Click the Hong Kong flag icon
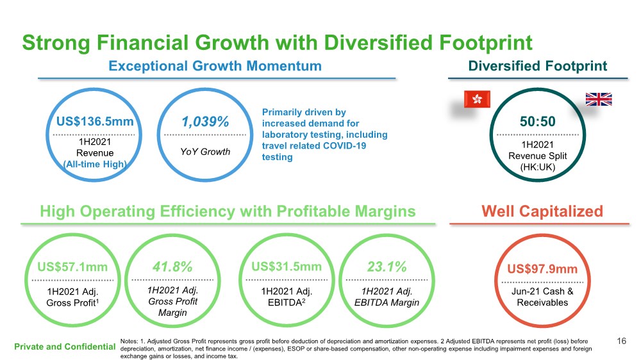point(476,99)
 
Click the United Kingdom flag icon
point(599,99)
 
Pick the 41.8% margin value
point(172,267)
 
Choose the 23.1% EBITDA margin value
point(387,267)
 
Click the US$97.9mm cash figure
point(542,269)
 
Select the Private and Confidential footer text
point(63,347)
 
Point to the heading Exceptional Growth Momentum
point(215,66)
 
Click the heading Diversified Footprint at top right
point(537,66)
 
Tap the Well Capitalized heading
point(542,211)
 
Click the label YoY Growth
point(206,152)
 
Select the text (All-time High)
point(94,165)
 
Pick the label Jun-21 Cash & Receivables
point(542,297)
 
